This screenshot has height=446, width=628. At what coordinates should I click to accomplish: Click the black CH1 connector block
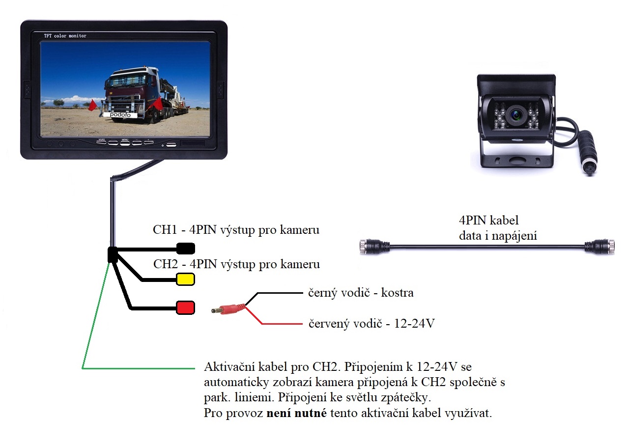click(x=186, y=248)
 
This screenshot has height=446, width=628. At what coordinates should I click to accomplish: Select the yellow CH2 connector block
click(x=186, y=279)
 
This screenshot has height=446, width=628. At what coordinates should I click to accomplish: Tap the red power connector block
click(x=186, y=308)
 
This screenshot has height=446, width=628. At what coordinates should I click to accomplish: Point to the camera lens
click(x=516, y=114)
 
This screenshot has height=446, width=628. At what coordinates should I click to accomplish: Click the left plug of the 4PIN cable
click(x=372, y=246)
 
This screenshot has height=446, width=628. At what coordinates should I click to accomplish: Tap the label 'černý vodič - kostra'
click(x=361, y=293)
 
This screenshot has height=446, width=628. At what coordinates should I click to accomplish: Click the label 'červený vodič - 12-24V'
click(x=371, y=324)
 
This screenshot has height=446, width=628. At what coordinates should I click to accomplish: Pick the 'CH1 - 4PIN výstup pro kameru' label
click(x=236, y=230)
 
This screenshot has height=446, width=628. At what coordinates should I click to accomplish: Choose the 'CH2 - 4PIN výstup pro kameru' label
click(x=236, y=264)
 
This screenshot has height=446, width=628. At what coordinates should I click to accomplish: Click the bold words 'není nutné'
click(x=297, y=413)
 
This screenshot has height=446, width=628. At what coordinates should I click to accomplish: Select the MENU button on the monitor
click(x=125, y=143)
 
